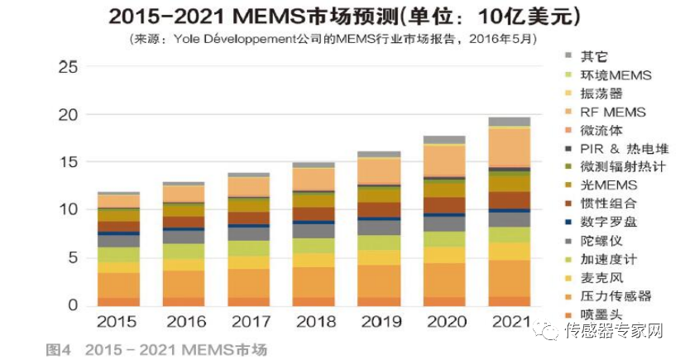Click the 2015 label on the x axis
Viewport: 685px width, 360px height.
click(x=117, y=321)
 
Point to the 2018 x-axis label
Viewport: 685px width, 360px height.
click(x=314, y=321)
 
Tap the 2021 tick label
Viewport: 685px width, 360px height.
click(x=509, y=321)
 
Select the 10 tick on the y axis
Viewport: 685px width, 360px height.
click(x=70, y=210)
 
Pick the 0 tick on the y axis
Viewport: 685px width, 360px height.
click(x=75, y=306)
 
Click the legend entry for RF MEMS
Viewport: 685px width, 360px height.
click(x=613, y=112)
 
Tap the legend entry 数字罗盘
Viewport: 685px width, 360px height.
click(x=608, y=222)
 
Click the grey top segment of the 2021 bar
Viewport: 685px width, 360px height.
click(x=509, y=121)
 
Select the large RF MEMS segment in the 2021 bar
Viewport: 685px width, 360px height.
click(x=509, y=146)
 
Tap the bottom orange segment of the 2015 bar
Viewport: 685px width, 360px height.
click(x=117, y=301)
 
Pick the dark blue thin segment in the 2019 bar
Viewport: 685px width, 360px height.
click(x=379, y=218)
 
